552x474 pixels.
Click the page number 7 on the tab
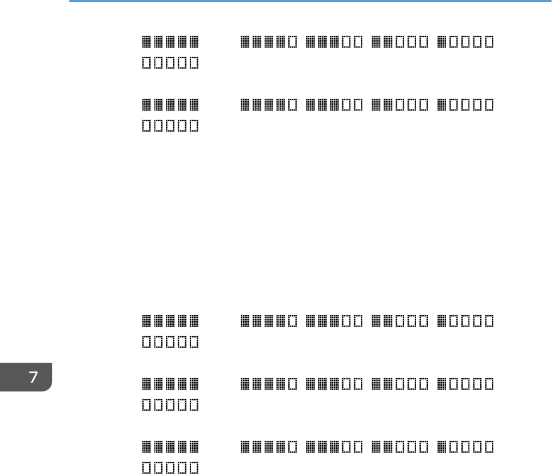(x=34, y=377)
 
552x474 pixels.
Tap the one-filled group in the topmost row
(x=466, y=42)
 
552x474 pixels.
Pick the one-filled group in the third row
(x=466, y=321)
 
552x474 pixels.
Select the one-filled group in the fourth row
(x=466, y=384)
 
